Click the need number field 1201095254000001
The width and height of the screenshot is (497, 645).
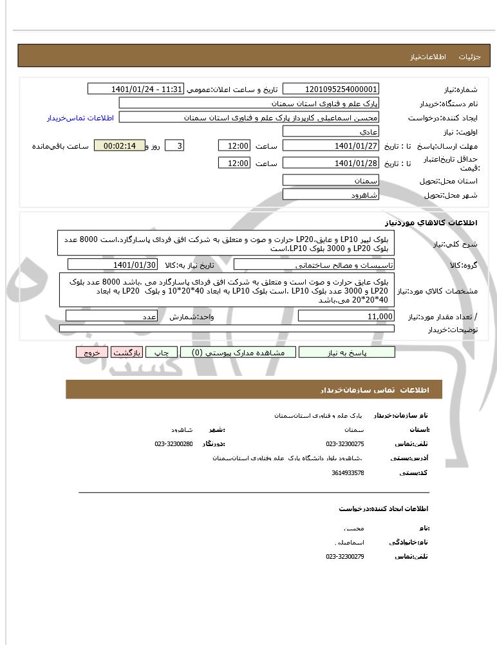tap(331, 89)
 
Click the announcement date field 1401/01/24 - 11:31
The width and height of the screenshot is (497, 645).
tap(136, 89)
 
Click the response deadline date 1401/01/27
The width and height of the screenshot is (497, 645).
tap(331, 145)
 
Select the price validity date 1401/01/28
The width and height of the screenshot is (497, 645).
tap(331, 163)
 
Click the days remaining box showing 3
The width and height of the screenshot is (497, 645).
tap(174, 145)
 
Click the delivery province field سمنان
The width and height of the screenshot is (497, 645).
tap(331, 180)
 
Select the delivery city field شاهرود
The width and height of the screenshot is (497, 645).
tap(331, 194)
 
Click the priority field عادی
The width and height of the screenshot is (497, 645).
tap(331, 131)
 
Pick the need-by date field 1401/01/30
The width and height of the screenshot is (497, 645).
tap(113, 265)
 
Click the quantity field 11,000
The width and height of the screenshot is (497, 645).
tap(346, 316)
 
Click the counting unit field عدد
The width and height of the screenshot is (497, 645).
tap(112, 316)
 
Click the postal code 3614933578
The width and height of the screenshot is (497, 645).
tap(348, 473)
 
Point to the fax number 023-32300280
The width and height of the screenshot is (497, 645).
tap(174, 444)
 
